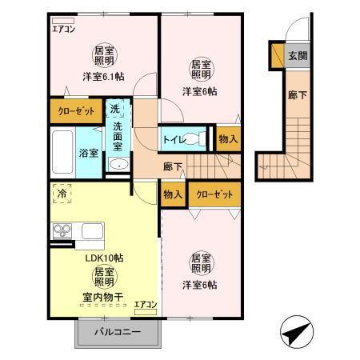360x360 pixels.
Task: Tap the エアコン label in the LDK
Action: pos(145,304)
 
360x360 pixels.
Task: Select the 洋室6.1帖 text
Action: pos(102,77)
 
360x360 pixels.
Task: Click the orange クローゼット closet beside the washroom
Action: pos(76,110)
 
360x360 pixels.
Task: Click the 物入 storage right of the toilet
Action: pos(228,139)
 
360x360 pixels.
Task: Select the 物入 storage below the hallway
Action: pos(173,194)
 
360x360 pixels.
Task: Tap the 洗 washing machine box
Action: pos(115,109)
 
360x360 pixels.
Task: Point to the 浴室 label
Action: pos(88,152)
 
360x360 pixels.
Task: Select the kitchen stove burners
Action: pos(62,231)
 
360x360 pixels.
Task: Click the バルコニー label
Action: pos(117,331)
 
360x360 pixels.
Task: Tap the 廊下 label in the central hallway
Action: pos(173,167)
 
